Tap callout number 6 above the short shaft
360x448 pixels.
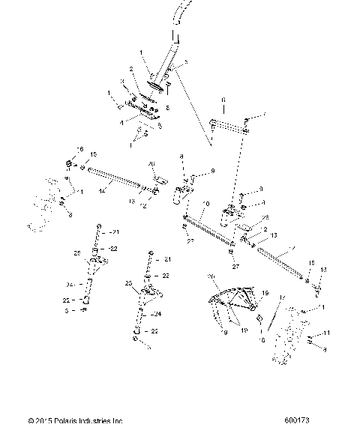pos(223,99)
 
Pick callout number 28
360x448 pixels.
pos(264,217)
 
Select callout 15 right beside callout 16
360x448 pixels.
pos(94,155)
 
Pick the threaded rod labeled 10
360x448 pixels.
pos(212,229)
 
